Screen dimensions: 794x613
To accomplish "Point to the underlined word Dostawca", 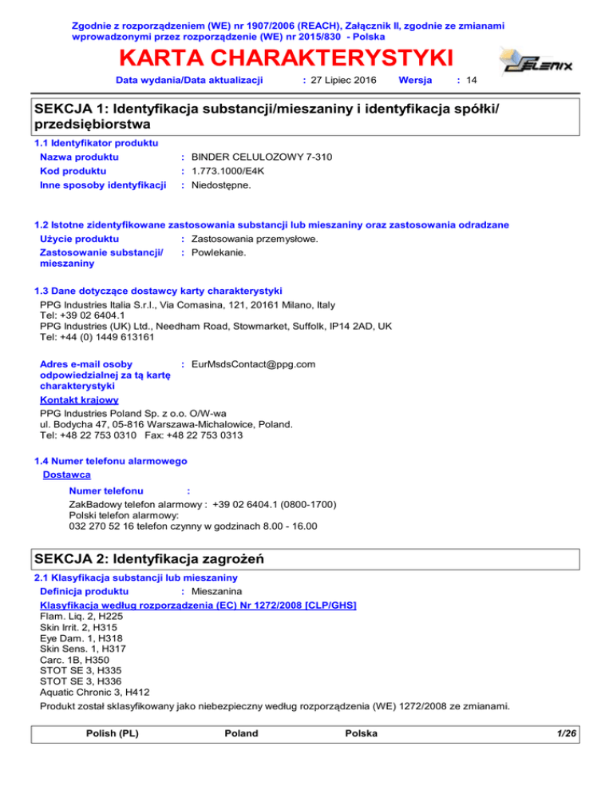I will [67, 474].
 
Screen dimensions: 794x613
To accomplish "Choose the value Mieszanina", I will [220, 592].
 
